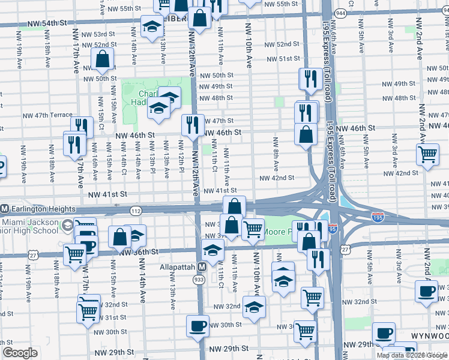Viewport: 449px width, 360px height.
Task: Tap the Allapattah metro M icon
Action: point(202,266)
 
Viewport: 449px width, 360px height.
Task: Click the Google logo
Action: point(20,353)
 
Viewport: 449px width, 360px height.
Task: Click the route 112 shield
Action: point(136,210)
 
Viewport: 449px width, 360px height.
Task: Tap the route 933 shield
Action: point(199,280)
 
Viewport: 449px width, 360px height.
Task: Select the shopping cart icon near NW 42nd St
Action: point(427,154)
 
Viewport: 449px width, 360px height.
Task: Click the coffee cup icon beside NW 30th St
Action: point(197,326)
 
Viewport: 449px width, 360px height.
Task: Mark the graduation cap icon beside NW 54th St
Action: point(152,26)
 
